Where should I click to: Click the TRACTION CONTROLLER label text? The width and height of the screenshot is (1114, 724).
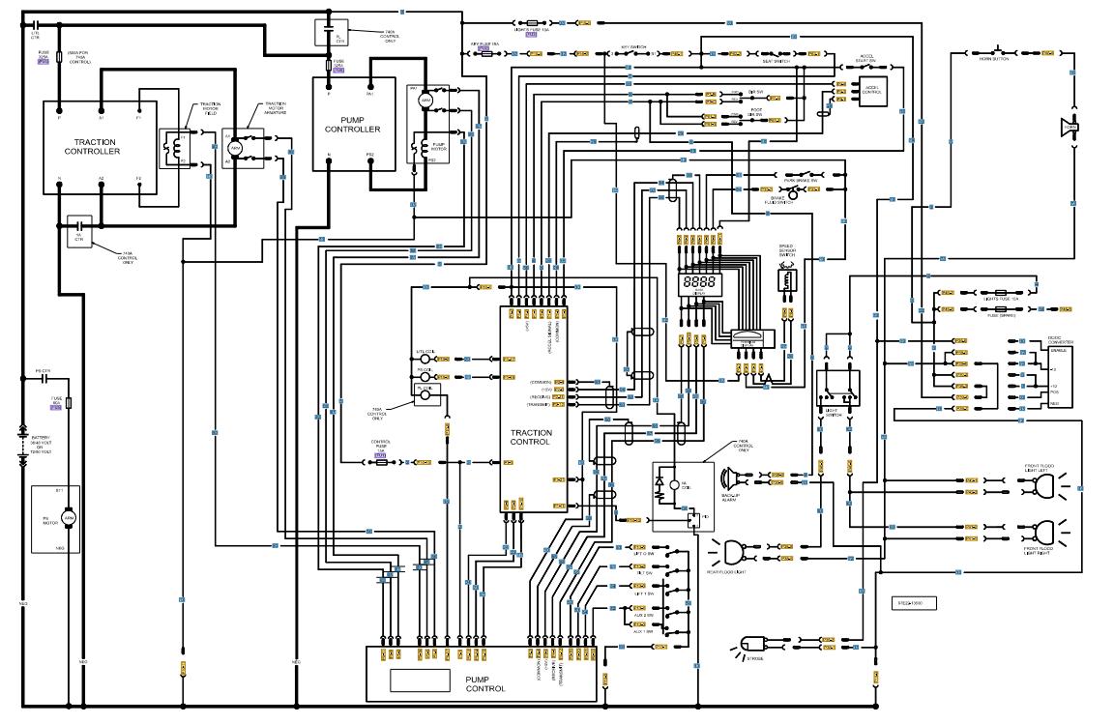(92, 147)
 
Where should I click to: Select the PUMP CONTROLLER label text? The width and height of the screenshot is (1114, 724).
(352, 125)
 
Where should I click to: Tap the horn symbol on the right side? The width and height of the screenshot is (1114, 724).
(1070, 127)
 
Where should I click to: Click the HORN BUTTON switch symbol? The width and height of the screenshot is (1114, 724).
(999, 49)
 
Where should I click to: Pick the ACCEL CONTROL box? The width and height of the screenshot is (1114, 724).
(871, 91)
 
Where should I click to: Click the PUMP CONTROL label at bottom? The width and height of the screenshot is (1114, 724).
(484, 683)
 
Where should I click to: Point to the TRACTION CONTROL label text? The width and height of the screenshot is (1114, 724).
(531, 437)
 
